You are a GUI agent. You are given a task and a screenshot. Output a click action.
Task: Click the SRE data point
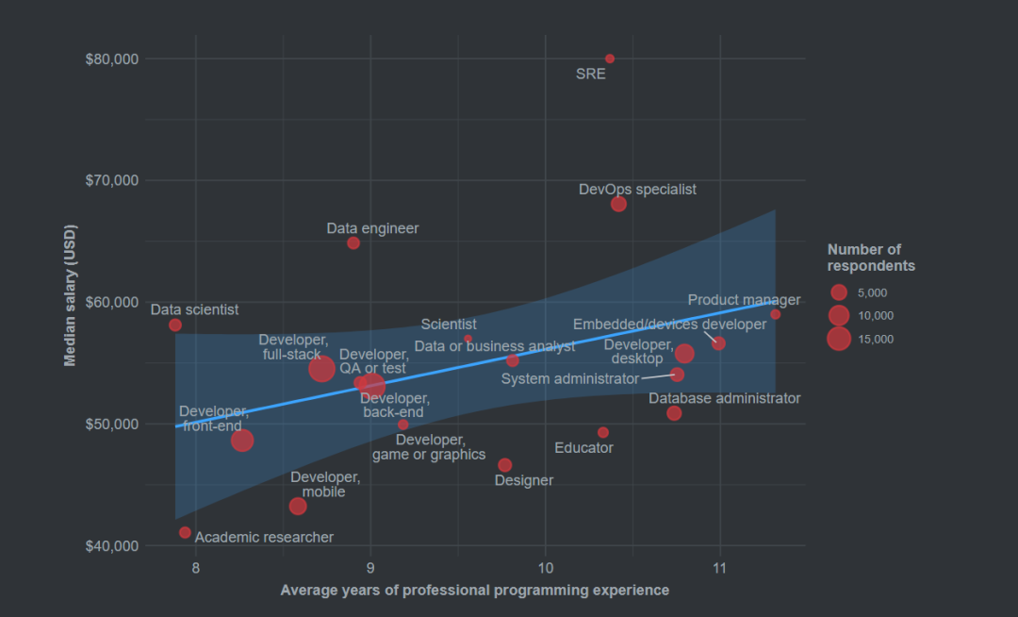point(610,58)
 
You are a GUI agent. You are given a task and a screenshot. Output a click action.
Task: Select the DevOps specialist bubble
point(618,204)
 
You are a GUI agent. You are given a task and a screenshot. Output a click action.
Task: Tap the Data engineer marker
point(353,242)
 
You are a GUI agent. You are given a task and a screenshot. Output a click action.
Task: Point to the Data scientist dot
point(175,325)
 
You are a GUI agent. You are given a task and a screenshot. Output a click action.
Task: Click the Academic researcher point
point(185,532)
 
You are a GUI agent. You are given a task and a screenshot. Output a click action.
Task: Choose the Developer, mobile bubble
point(298,507)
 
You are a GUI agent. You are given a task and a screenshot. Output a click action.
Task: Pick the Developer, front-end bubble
point(242,441)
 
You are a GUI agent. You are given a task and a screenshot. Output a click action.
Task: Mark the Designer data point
point(505,465)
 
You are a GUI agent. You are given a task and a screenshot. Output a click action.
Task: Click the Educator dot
point(603,432)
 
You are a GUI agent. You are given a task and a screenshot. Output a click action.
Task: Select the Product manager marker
point(775,314)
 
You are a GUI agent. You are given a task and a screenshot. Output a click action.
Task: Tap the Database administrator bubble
point(674,413)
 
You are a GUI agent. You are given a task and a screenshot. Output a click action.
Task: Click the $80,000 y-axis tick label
point(112,59)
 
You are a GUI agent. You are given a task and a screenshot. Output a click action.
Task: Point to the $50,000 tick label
point(112,425)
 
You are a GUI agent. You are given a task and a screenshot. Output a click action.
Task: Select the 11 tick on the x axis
point(720,568)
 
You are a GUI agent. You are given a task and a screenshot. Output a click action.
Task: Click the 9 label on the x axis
point(370,568)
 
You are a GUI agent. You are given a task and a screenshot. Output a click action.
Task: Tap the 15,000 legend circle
point(839,339)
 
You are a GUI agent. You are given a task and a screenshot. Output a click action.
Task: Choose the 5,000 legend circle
point(839,292)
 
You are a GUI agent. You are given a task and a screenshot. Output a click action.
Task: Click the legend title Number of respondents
point(871,258)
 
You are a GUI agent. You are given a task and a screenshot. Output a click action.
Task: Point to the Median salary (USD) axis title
point(70,295)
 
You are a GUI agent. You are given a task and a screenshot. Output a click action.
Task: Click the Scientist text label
point(449,325)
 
